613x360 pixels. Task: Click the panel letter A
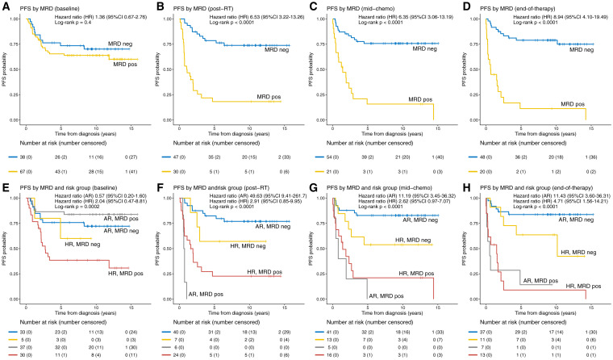click(x=6, y=6)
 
